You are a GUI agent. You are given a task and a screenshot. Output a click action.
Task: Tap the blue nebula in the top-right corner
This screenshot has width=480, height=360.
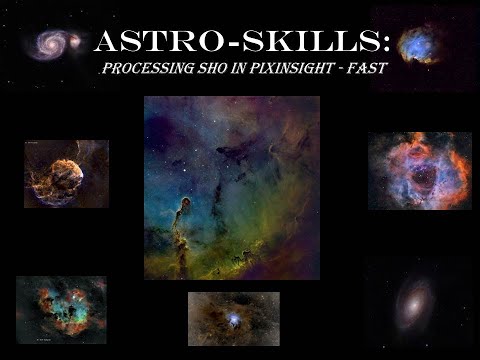[421, 43]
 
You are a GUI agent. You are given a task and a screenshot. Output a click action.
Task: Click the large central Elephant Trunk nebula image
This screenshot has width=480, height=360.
[232, 187]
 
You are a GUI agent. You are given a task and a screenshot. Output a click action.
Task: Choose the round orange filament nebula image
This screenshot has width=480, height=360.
[66, 174]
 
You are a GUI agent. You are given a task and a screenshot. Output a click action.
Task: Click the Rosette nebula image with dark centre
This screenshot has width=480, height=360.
[419, 171]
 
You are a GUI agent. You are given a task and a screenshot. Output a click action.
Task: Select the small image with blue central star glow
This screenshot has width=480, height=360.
[233, 318]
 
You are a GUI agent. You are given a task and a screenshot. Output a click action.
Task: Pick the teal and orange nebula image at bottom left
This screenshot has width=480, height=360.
[61, 309]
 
